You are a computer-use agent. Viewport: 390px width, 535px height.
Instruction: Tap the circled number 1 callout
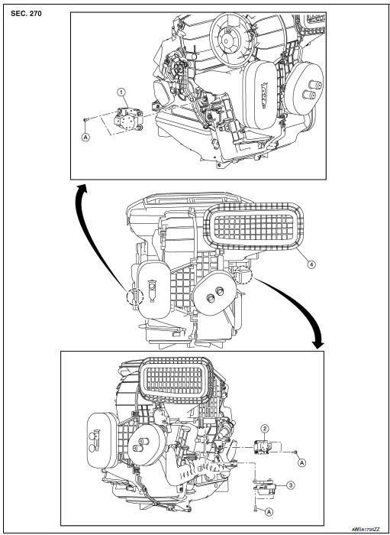(x=121, y=92)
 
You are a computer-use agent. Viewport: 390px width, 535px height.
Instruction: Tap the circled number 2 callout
(x=263, y=428)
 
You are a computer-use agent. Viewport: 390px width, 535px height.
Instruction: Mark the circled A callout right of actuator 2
(x=302, y=462)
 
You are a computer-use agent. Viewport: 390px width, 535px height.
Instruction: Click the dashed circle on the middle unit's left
(x=134, y=293)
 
